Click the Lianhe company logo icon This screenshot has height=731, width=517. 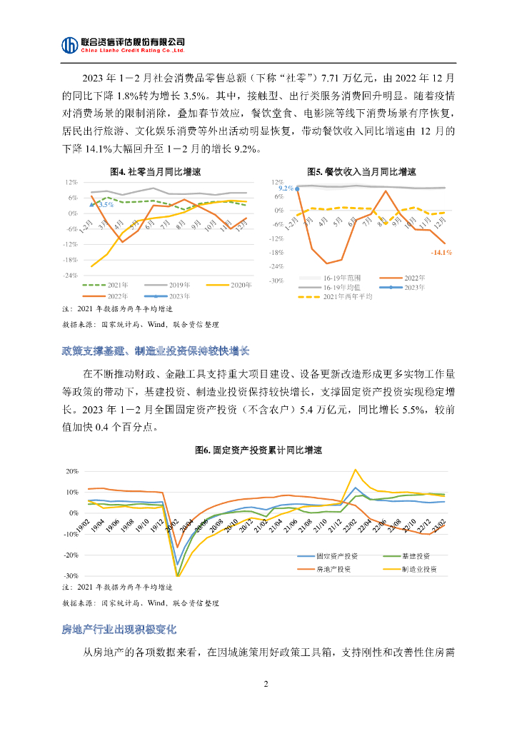tap(69, 45)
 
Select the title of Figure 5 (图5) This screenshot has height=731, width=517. tap(361, 172)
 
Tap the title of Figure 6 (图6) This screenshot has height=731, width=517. tap(258, 450)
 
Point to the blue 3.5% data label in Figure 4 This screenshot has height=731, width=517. tap(105, 205)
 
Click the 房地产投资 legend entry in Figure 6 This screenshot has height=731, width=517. tap(333, 569)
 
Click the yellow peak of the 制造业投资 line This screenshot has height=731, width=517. tap(356, 470)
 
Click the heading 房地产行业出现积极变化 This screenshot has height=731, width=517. tap(119, 629)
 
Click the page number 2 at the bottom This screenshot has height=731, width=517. tap(266, 685)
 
